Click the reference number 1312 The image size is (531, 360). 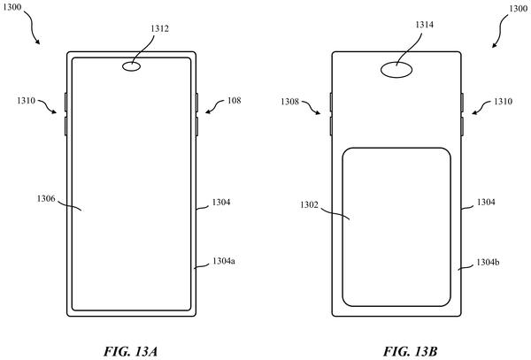click(159, 29)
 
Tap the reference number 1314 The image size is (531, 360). click(424, 25)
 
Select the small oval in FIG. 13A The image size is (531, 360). click(131, 66)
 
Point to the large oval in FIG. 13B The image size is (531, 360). click(396, 70)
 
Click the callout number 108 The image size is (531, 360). click(234, 101)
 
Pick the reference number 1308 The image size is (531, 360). click(290, 102)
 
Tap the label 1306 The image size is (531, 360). click(46, 199)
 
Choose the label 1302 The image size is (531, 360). click(309, 205)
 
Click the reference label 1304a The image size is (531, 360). click(224, 261)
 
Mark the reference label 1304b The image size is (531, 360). click(488, 262)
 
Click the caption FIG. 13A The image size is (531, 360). click(130, 351)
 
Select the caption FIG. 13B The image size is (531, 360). click(410, 351)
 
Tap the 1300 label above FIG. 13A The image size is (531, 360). click(12, 7)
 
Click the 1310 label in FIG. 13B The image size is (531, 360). click(503, 102)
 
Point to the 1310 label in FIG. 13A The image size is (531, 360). click(26, 101)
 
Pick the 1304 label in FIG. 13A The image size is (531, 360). click(221, 203)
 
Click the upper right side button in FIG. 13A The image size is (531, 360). click(196, 103)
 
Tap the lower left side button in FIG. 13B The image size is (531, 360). click(331, 126)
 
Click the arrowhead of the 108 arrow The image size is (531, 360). click(206, 112)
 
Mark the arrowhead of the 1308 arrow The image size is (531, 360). click(319, 114)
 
